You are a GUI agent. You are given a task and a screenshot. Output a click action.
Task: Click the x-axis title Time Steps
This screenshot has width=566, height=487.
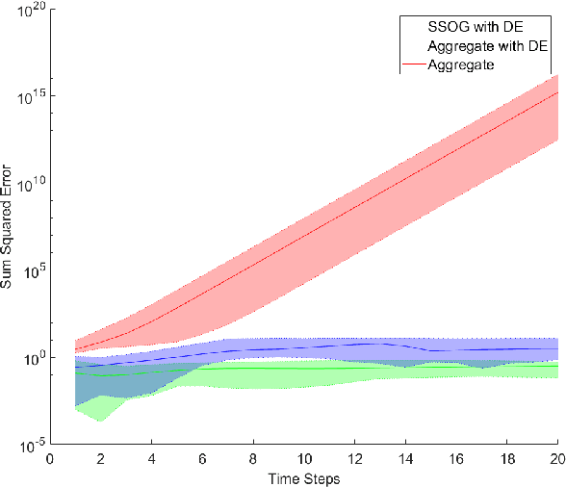click(303, 478)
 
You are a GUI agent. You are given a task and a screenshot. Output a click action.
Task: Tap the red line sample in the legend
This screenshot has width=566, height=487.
click(413, 65)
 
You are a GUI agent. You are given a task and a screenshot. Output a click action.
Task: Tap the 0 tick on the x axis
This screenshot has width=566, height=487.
click(50, 459)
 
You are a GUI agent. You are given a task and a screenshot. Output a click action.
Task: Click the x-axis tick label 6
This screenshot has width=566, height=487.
click(202, 459)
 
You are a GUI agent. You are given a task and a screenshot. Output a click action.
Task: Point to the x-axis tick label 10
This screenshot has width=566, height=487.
click(304, 459)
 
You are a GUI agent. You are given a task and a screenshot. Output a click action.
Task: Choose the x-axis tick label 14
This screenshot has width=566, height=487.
click(405, 459)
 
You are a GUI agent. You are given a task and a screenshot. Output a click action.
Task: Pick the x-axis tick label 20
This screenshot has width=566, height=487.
click(556, 459)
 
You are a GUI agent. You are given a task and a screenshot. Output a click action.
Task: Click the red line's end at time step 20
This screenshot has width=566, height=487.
click(557, 92)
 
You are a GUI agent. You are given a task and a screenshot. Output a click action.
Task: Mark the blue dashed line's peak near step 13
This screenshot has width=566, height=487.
click(380, 343)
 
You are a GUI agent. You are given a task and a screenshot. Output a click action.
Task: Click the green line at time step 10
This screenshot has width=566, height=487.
click(304, 368)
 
